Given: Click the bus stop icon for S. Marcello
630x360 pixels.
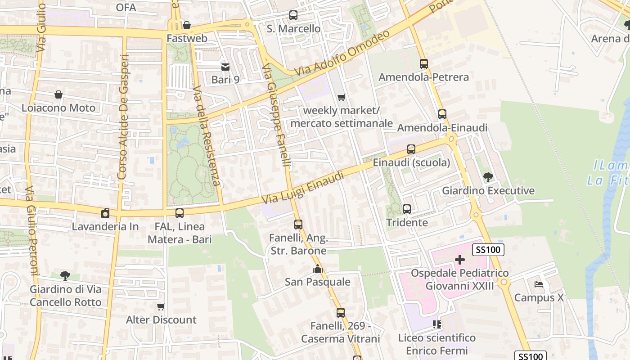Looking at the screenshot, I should [x=293, y=15].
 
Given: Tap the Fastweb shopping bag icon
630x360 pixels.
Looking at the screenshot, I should [x=186, y=25].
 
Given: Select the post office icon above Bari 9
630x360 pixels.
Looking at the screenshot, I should [x=225, y=67].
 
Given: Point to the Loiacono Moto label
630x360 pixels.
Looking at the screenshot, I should [x=58, y=108].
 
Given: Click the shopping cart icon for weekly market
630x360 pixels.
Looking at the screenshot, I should [x=342, y=97].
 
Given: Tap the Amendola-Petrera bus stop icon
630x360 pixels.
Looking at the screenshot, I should [x=423, y=64].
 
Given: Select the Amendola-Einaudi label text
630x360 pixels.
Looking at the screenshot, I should [x=442, y=128].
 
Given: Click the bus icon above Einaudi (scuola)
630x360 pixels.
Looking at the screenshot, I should [x=411, y=149].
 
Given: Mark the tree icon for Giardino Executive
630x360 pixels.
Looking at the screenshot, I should [x=488, y=177].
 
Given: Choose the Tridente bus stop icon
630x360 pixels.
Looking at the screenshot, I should [x=407, y=209].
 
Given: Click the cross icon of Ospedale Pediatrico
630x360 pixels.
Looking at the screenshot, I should [x=459, y=260].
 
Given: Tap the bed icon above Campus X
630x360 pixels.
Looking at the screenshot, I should [x=538, y=284].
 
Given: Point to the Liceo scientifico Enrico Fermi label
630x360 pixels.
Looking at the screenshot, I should [x=436, y=344].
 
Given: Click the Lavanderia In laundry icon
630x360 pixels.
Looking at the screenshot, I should [x=105, y=213].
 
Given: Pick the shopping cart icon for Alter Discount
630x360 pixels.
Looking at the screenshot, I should [x=161, y=307].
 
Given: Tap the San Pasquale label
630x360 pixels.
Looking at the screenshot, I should [x=317, y=282].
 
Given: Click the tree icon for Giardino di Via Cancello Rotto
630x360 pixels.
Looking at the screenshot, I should [x=65, y=275].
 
